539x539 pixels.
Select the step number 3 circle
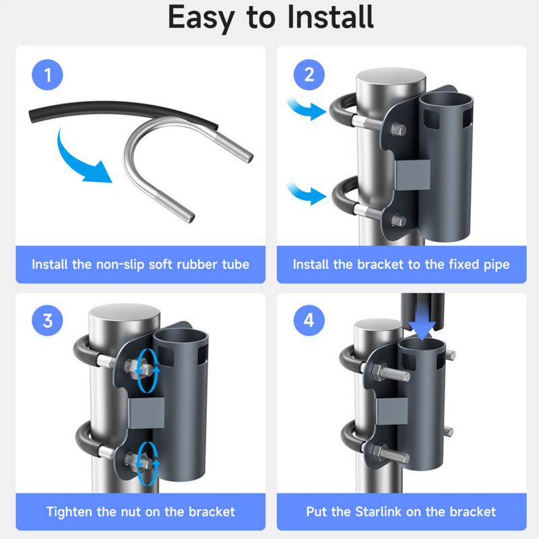click(x=47, y=320)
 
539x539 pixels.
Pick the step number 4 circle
click(x=309, y=320)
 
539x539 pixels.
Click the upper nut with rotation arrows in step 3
click(x=146, y=368)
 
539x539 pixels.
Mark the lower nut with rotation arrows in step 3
click(x=146, y=461)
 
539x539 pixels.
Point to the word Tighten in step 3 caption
click(x=72, y=511)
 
